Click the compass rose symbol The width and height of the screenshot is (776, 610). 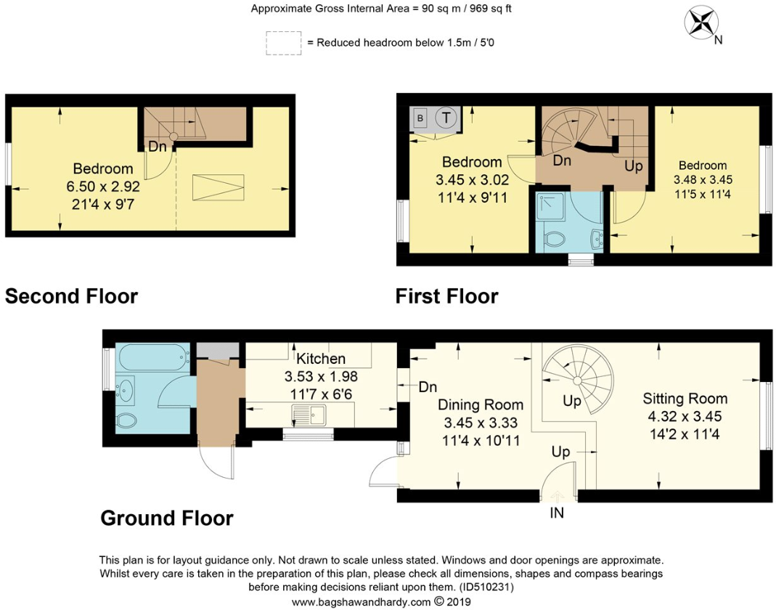click(x=701, y=23)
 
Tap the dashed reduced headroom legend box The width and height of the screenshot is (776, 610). click(x=283, y=42)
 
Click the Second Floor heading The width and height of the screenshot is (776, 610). click(x=71, y=296)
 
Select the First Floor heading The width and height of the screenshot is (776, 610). click(x=446, y=296)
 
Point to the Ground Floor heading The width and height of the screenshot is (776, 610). click(x=166, y=518)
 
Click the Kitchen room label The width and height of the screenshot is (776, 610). click(x=321, y=359)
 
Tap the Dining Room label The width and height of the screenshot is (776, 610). click(x=480, y=404)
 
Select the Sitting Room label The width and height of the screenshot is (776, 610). click(x=685, y=399)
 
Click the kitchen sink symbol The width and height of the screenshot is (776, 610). click(x=310, y=415)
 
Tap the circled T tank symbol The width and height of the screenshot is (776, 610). click(x=447, y=117)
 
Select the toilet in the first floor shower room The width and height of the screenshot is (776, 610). click(x=555, y=240)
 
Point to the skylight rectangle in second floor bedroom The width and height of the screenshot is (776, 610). click(x=218, y=187)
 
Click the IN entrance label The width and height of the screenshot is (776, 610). click(x=557, y=513)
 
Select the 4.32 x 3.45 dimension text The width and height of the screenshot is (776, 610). click(x=685, y=417)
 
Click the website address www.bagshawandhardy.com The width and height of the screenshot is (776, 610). click(x=361, y=602)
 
